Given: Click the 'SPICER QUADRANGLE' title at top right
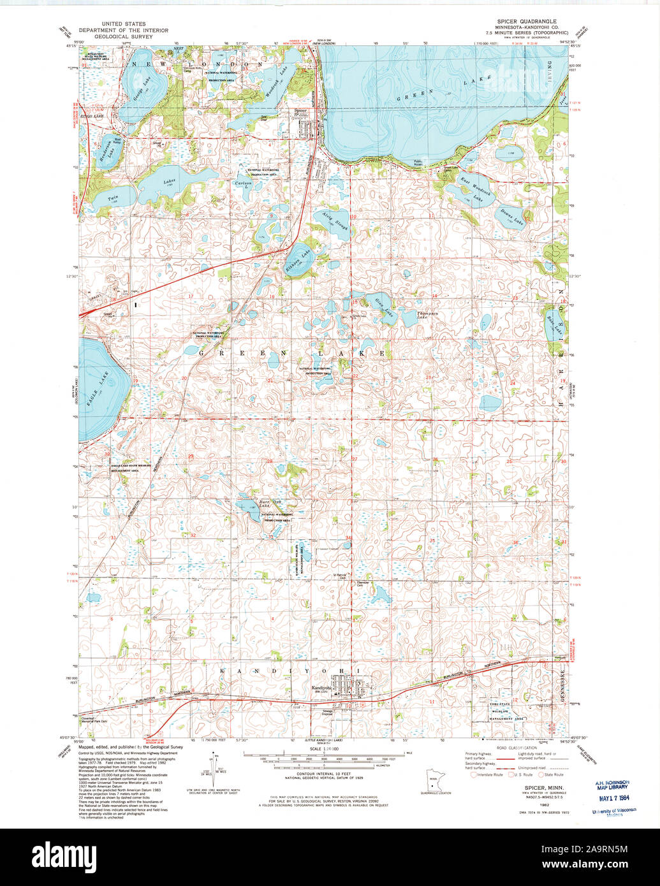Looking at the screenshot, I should (526, 21).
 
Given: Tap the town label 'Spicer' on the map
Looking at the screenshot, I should (300, 110).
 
